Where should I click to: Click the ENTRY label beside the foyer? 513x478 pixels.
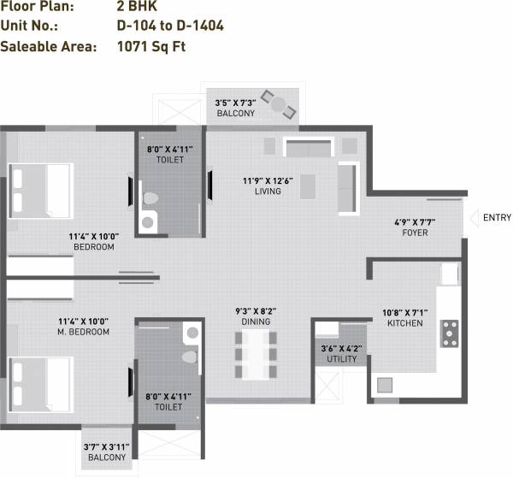coord(497,218)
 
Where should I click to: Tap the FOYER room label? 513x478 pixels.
coord(415,233)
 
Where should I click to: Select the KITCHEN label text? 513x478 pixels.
coord(404,324)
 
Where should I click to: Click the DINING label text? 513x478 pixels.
coord(256,322)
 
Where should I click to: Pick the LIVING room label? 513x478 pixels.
coord(268,191)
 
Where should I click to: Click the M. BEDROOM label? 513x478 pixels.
coord(83,331)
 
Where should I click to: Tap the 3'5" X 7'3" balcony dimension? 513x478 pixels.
coord(235,103)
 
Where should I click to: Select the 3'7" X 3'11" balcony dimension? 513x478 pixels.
coord(104,446)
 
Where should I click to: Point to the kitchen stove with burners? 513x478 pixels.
coord(449,333)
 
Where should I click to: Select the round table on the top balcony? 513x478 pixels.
coord(278,105)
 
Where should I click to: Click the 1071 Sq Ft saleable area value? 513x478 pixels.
coord(150,46)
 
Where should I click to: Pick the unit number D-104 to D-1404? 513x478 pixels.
coord(170,26)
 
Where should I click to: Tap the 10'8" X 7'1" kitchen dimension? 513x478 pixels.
coord(404,312)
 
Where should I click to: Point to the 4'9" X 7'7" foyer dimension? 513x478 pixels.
coord(415,221)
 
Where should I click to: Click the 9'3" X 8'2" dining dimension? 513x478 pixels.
coord(256,310)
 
